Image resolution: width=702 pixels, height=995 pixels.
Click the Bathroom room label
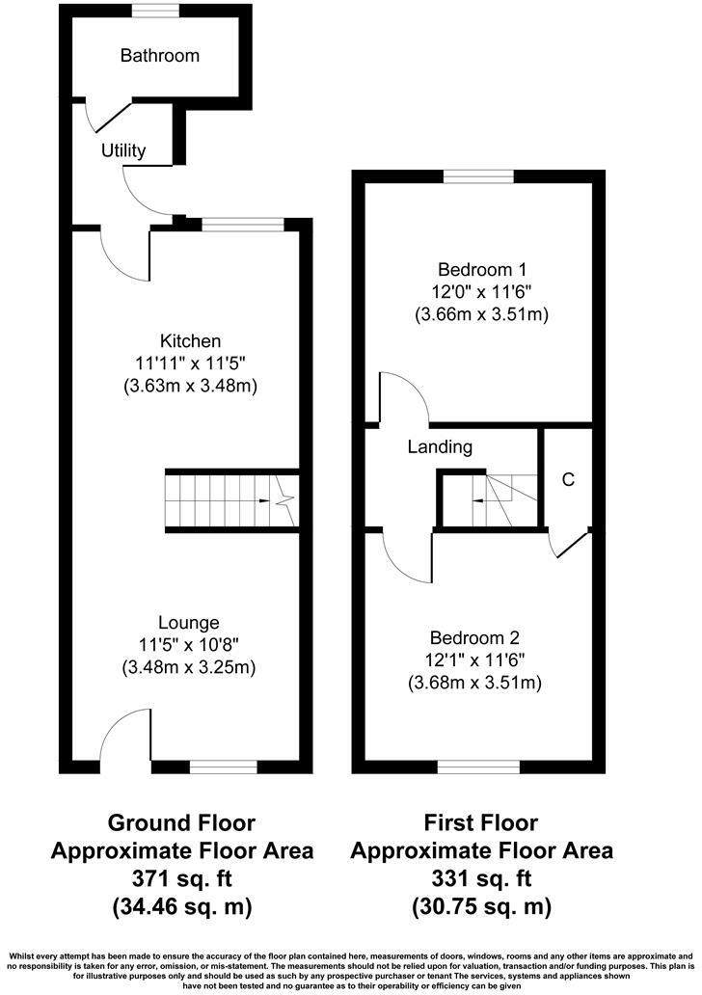pos(159,56)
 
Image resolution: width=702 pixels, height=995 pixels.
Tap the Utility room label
pos(123,150)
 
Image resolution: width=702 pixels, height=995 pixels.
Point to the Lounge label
pos(190,623)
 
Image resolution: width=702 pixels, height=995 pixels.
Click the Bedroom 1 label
pos(481,269)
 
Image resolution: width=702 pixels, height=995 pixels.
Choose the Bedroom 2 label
pos(474,637)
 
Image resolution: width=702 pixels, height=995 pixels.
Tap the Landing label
pos(440,447)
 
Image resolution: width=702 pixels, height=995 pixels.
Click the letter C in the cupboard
pos(568,479)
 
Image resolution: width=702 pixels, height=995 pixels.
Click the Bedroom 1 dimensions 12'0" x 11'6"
pos(481,291)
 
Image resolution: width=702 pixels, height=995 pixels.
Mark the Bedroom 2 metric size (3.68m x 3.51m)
pos(474,683)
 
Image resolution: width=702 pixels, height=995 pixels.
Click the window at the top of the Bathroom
pos(155,10)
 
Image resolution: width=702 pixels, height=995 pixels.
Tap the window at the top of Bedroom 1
pos(478,176)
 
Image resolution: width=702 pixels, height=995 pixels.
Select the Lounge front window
pos(223,767)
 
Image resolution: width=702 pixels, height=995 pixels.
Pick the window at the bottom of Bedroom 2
pos(478,767)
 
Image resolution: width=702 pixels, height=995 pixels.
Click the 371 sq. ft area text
pos(181,879)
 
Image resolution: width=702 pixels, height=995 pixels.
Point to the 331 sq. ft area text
pos(481,879)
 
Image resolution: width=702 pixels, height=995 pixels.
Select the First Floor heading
pos(481,823)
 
